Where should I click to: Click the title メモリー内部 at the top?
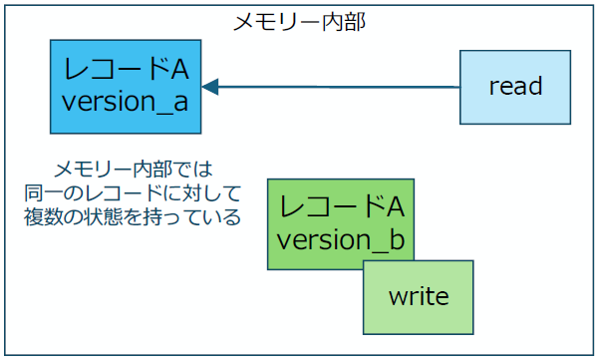298,22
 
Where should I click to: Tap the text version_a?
125,103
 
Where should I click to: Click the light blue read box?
515,87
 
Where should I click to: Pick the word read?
515,87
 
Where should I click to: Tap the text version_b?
340,240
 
